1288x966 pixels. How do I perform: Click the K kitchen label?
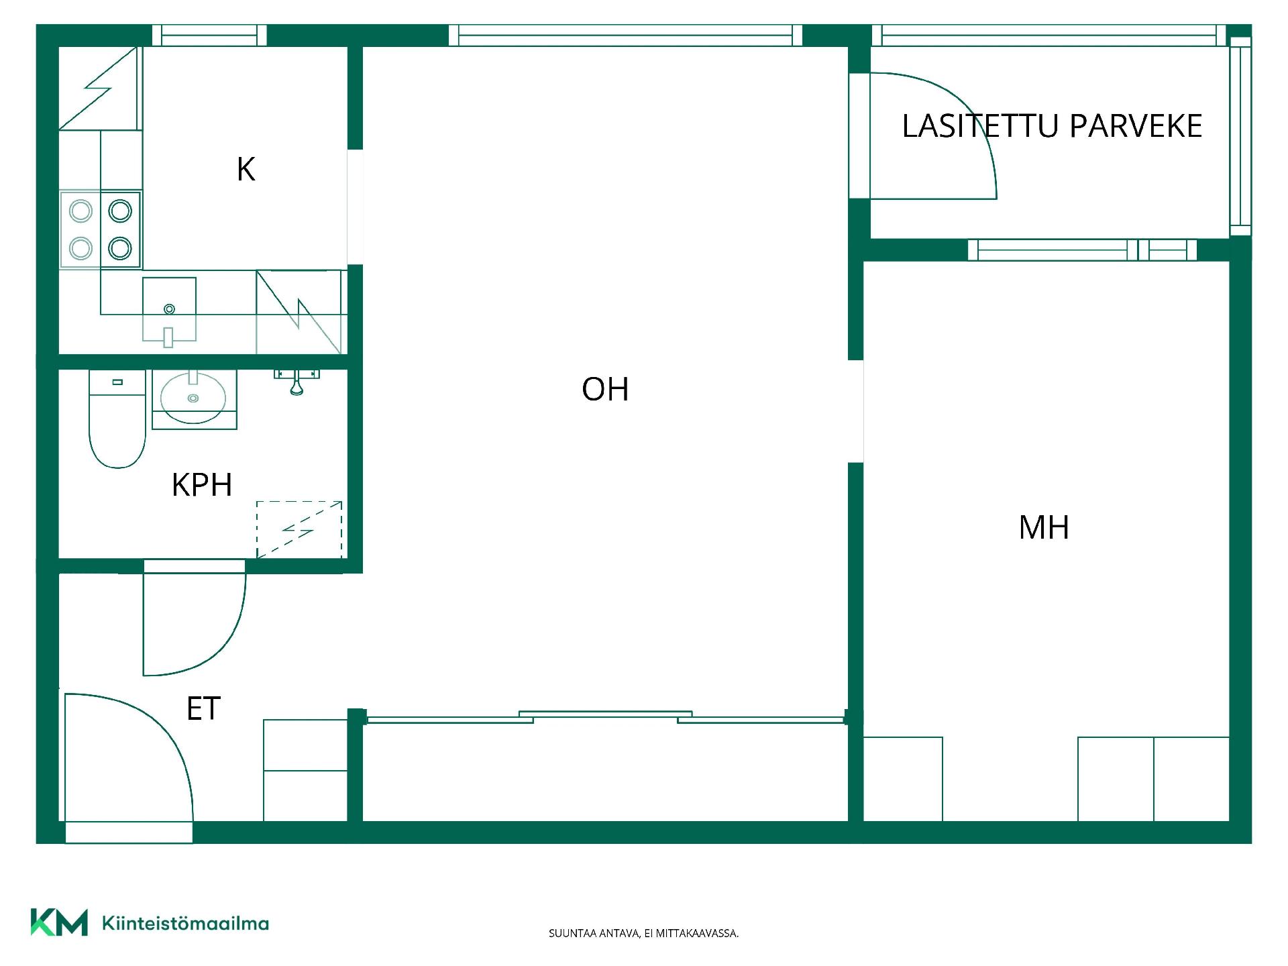[246, 169]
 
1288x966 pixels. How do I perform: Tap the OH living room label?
[605, 389]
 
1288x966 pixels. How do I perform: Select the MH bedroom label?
[1044, 527]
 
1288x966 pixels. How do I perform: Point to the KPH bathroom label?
[202, 484]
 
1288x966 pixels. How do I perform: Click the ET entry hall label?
[203, 708]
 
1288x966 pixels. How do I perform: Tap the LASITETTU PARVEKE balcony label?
[1052, 126]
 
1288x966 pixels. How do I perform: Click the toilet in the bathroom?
[117, 419]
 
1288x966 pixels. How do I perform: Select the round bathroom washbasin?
[193, 398]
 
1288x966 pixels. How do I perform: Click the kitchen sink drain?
[169, 309]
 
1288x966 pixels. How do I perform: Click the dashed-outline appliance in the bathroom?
[299, 530]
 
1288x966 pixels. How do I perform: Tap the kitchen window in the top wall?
[209, 36]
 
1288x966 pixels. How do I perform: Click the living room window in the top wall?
[625, 36]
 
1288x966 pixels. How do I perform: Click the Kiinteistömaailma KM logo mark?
[59, 922]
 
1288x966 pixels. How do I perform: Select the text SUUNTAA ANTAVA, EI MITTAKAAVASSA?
[643, 933]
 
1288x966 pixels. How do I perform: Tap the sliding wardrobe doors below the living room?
[605, 717]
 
